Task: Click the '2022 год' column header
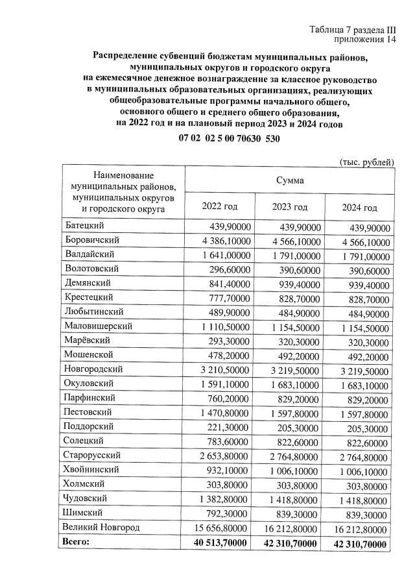point(220,206)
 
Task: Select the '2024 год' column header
point(359,207)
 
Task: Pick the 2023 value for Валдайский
point(291,254)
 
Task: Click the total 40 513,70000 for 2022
point(220,542)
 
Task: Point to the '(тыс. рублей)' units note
point(367,161)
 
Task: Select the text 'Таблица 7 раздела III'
point(353,30)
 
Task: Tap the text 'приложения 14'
point(365,40)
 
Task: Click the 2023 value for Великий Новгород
point(291,528)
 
